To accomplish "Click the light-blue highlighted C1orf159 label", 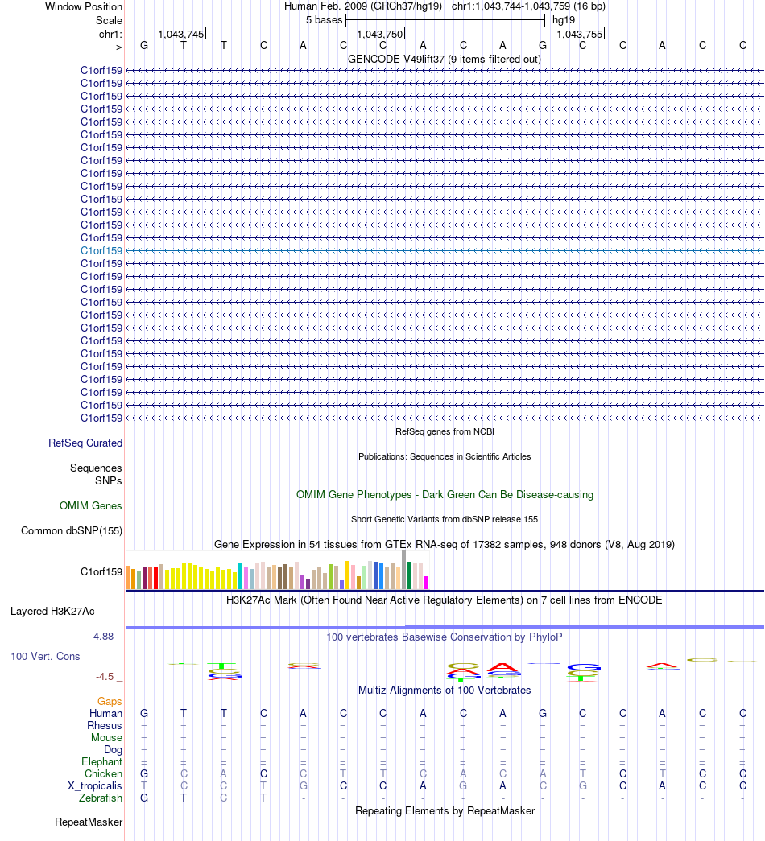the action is point(101,250).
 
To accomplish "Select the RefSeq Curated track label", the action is point(85,443).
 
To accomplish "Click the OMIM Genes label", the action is point(91,505).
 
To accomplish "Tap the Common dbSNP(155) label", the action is point(72,531).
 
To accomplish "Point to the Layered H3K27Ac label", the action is point(52,612).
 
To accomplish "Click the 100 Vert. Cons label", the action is point(45,657).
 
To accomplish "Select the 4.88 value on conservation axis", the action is point(104,637).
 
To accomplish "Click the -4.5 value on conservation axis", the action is point(105,677).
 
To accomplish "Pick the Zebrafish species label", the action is point(101,798).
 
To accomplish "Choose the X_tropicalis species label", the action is point(95,786).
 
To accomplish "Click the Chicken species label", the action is point(103,774).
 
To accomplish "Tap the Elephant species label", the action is point(102,762).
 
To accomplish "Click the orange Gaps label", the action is point(110,702).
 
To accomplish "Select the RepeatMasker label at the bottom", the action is point(89,822).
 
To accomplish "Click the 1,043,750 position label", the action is point(379,35).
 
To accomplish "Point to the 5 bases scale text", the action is point(325,20).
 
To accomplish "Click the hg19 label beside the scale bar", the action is point(564,20).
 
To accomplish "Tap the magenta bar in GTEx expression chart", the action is point(426,583).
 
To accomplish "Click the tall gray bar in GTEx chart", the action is point(403,570).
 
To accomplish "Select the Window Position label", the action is point(84,7).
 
